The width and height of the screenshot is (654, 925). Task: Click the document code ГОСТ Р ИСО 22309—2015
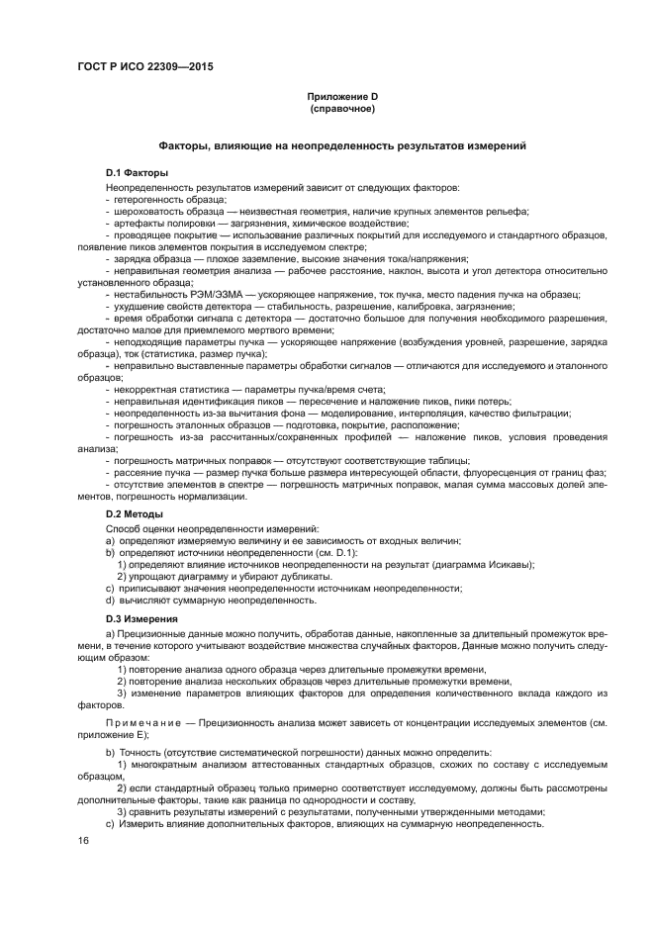[x=145, y=67]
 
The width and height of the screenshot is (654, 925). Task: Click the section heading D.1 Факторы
[x=138, y=172]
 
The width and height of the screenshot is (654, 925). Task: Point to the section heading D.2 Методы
[x=136, y=514]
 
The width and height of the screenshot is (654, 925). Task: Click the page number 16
[x=83, y=840]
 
